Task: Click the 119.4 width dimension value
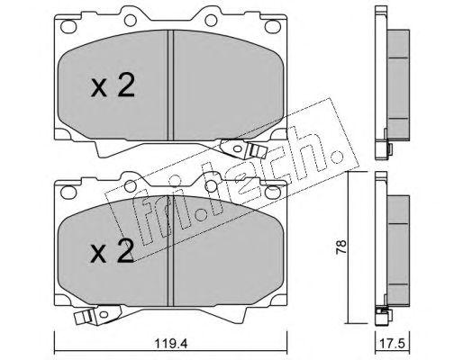point(171,344)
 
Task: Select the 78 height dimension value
point(341,247)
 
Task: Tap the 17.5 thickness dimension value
point(393,344)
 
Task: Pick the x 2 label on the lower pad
point(112,251)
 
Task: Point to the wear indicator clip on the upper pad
point(243,148)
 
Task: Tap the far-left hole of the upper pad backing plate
point(67,26)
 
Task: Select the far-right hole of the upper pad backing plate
point(271,26)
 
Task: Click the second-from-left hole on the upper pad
point(131,20)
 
